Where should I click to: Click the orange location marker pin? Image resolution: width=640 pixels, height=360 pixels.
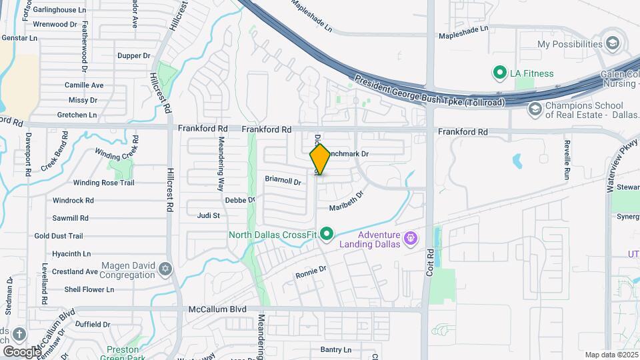(x=320, y=159)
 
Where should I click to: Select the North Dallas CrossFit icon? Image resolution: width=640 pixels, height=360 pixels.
(x=327, y=234)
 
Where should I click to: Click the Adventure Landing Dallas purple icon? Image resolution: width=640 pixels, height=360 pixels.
(x=412, y=237)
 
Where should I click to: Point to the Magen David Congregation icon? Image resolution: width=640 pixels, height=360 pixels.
(x=165, y=269)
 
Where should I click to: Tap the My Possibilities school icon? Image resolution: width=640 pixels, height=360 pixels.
(x=613, y=44)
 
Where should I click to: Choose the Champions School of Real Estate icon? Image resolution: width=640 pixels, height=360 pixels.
(x=534, y=109)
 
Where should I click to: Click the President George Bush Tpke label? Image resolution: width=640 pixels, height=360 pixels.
(x=429, y=92)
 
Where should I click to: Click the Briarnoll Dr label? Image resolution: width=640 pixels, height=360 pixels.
(x=283, y=179)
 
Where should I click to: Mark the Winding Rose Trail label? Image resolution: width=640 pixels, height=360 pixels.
(x=103, y=183)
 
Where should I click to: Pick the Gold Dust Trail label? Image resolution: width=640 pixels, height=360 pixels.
(x=59, y=236)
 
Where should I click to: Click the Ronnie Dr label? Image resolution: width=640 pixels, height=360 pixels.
(x=311, y=273)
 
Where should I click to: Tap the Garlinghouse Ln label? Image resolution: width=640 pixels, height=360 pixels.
(x=61, y=11)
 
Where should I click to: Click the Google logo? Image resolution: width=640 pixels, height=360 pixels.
(x=22, y=351)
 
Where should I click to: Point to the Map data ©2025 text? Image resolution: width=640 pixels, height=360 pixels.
(x=611, y=355)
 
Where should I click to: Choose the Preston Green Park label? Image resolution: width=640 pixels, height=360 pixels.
(x=123, y=353)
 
